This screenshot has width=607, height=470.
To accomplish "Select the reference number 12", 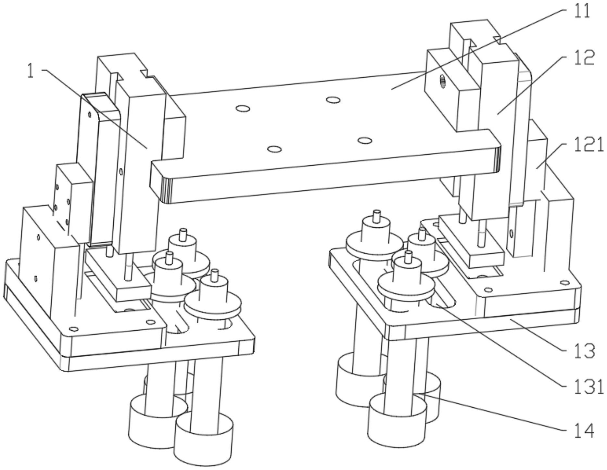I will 584,58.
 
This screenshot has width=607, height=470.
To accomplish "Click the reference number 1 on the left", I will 30,71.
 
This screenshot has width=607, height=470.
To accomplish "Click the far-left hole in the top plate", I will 243,108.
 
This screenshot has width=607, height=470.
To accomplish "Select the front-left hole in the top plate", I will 274,149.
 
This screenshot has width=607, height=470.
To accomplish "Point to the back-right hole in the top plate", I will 333,99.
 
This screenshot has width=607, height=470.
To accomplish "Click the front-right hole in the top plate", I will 365,141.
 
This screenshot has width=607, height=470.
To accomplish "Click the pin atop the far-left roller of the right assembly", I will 377,216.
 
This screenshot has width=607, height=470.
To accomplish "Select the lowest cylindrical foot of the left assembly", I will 204,435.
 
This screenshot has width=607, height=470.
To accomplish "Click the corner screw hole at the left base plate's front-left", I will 74,329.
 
